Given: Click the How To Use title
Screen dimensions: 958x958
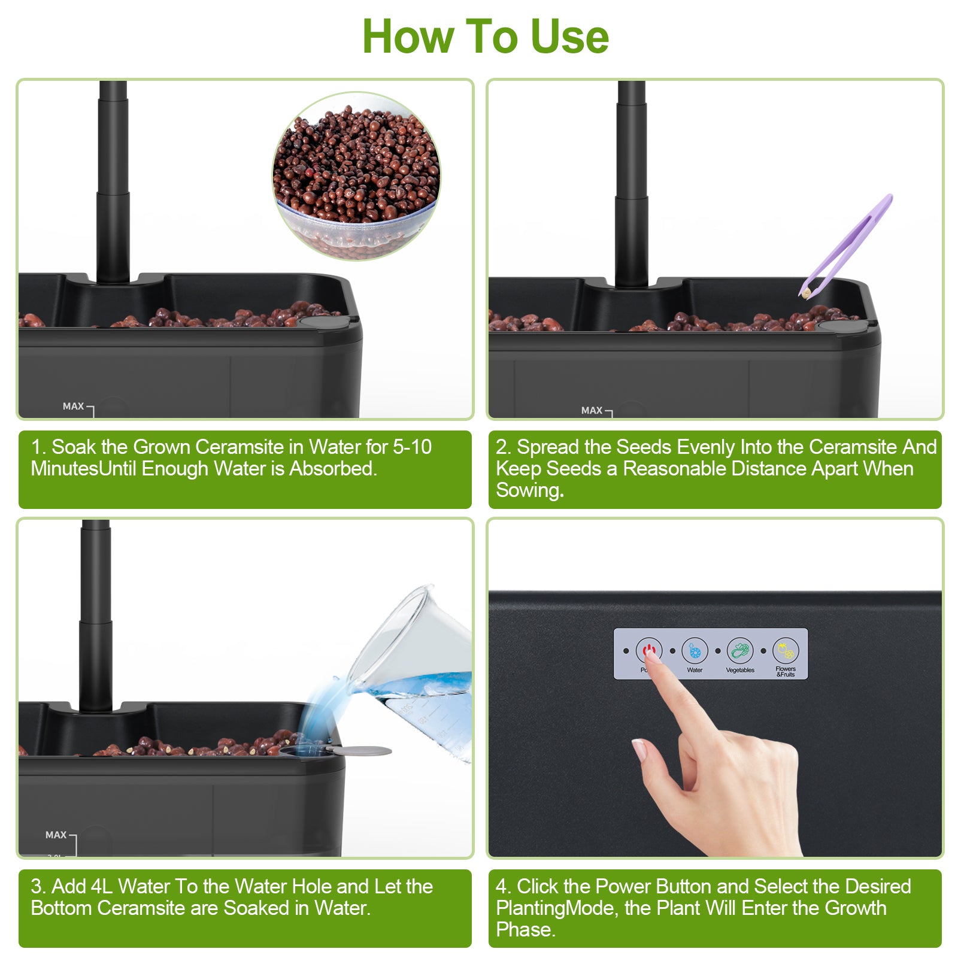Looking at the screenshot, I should pos(485,37).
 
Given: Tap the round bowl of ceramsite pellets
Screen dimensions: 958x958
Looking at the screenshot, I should pos(357,176).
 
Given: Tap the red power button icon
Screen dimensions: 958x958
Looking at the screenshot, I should pos(649,650).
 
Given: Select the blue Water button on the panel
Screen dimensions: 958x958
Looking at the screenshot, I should pos(695,651).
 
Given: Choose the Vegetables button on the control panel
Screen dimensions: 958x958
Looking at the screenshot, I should pos(740,651).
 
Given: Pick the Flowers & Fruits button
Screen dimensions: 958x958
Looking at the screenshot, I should pos(786,651).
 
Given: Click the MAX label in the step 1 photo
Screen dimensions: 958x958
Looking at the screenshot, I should pos(73,407).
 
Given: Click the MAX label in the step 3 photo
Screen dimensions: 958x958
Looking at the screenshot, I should pos(56,835).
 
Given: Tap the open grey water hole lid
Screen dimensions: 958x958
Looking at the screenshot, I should pos(359,751).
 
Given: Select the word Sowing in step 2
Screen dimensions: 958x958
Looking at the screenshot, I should pos(529,490).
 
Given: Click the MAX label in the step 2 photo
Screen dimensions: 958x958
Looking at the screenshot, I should pos(592,411).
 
